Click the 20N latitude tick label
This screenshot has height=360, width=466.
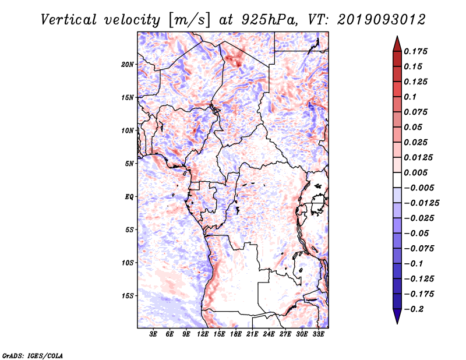tap(128, 65)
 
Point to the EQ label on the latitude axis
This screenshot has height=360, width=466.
tap(129, 197)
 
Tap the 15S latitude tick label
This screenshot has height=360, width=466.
tap(128, 296)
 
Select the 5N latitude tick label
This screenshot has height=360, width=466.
tap(129, 164)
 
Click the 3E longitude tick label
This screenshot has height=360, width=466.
tap(153, 334)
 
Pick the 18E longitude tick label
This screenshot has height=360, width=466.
tap(236, 334)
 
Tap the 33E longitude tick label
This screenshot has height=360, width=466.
tap(318, 334)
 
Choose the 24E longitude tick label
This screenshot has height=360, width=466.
tap(269, 334)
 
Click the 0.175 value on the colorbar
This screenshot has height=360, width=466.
tap(416, 51)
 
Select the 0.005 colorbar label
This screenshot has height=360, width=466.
tap(416, 172)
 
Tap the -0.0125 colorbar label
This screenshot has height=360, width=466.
tap(422, 203)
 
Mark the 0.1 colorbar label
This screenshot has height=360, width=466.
tap(410, 97)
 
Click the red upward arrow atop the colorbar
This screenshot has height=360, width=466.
tap(397, 44)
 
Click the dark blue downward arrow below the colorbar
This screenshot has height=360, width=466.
tap(397, 316)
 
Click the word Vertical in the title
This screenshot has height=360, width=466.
tap(69, 20)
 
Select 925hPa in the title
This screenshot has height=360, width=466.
tap(269, 20)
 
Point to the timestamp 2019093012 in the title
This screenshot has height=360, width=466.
tap(382, 20)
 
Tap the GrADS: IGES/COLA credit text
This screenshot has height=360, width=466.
tap(33, 355)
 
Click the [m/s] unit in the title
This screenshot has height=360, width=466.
tap(189, 20)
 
